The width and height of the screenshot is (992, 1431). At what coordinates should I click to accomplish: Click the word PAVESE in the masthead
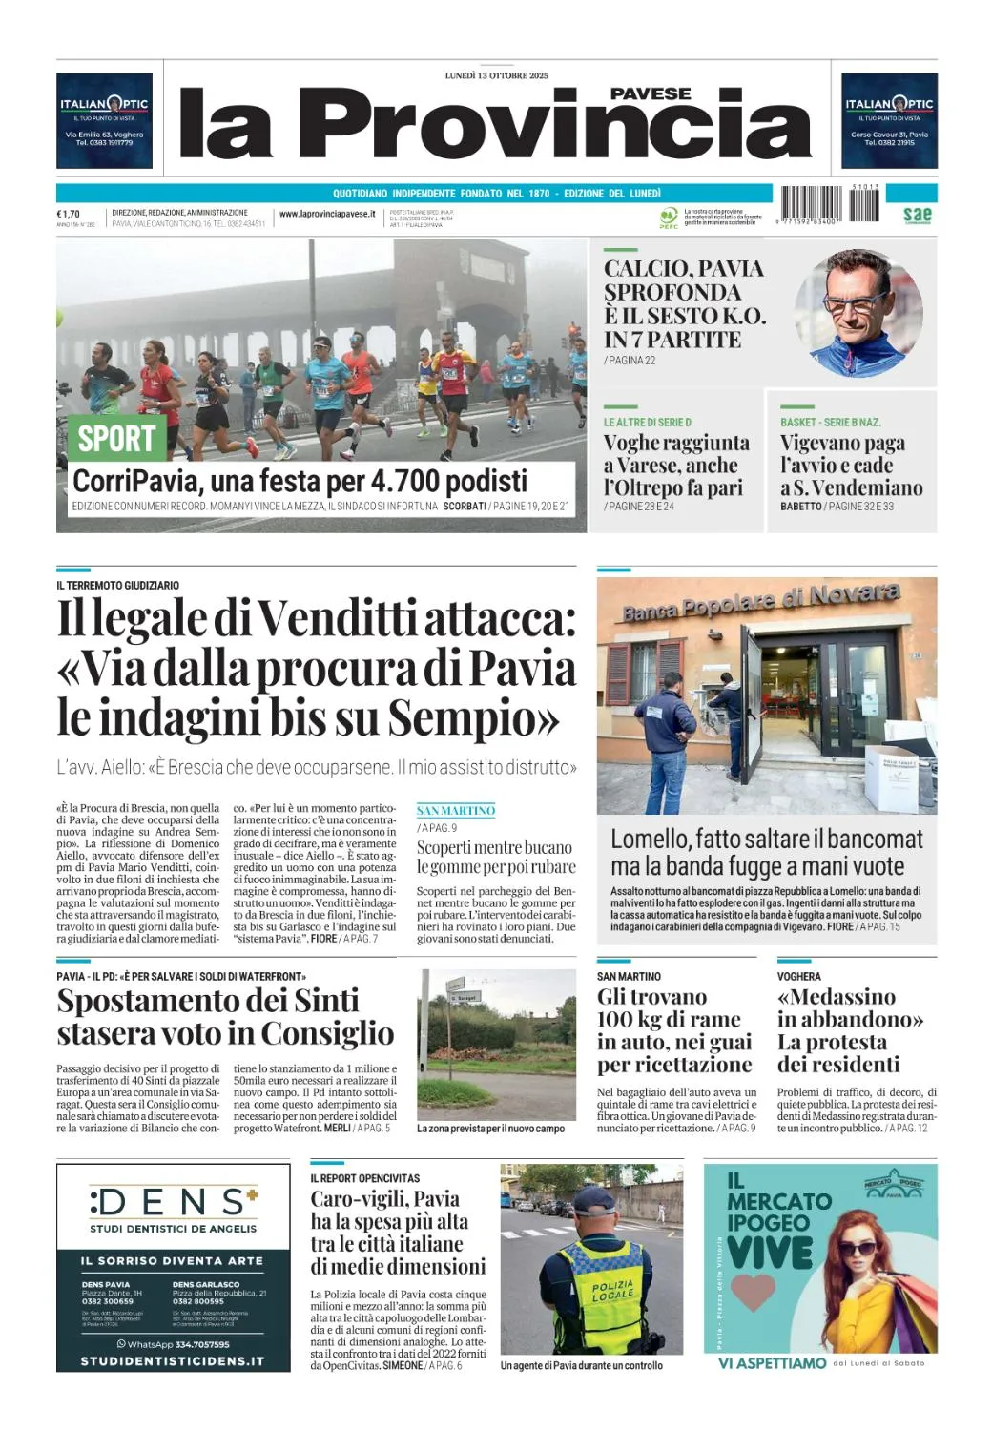[x=651, y=93]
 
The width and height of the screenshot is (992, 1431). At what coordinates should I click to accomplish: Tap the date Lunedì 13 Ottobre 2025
[x=496, y=75]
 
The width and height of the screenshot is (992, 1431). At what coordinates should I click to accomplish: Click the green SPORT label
[x=116, y=439]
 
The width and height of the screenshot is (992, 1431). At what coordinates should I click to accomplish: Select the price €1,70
[x=69, y=214]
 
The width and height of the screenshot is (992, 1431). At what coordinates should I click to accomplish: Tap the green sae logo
[x=917, y=215]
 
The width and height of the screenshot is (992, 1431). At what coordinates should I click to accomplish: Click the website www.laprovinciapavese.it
[x=327, y=215]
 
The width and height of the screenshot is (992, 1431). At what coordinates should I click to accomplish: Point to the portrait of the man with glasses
[x=858, y=314]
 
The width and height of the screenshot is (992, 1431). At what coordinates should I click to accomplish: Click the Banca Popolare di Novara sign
[x=761, y=601]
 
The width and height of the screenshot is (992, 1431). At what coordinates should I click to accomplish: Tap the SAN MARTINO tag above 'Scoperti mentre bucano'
[x=456, y=811]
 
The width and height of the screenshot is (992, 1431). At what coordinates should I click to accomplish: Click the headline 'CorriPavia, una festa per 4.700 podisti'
[x=300, y=480]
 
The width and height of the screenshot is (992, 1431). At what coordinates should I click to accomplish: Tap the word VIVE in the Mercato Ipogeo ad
[x=770, y=1252]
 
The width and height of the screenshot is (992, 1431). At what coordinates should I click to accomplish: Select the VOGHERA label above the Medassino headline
[x=799, y=976]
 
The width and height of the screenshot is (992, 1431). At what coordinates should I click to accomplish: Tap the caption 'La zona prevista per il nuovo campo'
[x=490, y=1129]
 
